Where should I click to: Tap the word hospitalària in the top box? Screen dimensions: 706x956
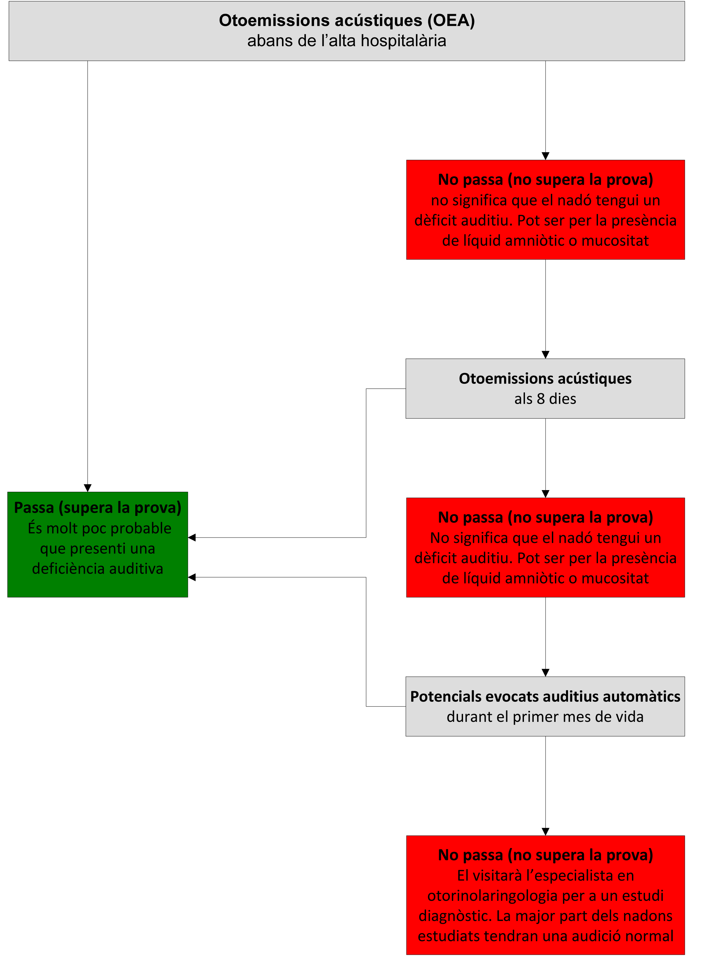pyautogui.click(x=403, y=41)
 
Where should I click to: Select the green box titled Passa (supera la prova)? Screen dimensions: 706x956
pyautogui.click(x=98, y=545)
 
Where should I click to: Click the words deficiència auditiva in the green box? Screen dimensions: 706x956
pyautogui.click(x=98, y=568)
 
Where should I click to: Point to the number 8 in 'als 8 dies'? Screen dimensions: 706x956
pyautogui.click(x=541, y=399)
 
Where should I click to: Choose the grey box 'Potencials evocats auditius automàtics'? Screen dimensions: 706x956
pyautogui.click(x=545, y=706)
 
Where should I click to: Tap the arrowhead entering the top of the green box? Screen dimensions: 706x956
pyautogui.click(x=87, y=488)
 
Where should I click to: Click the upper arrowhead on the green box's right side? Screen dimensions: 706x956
pyautogui.click(x=192, y=538)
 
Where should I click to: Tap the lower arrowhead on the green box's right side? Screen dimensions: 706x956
pyautogui.click(x=192, y=577)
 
